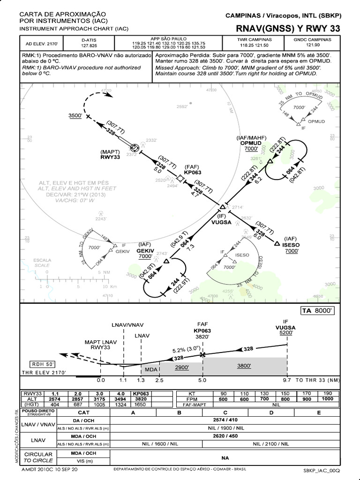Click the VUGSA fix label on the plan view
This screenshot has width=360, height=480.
tap(221, 222)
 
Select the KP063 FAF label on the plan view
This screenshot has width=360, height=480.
tap(193, 172)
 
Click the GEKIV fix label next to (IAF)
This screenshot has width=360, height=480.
tap(145, 250)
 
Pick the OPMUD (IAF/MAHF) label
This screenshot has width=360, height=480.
tap(251, 142)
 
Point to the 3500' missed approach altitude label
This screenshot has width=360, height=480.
tap(75, 115)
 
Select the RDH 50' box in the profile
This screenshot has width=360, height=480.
tap(42, 364)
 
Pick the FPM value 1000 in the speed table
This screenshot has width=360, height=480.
tap(328, 399)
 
